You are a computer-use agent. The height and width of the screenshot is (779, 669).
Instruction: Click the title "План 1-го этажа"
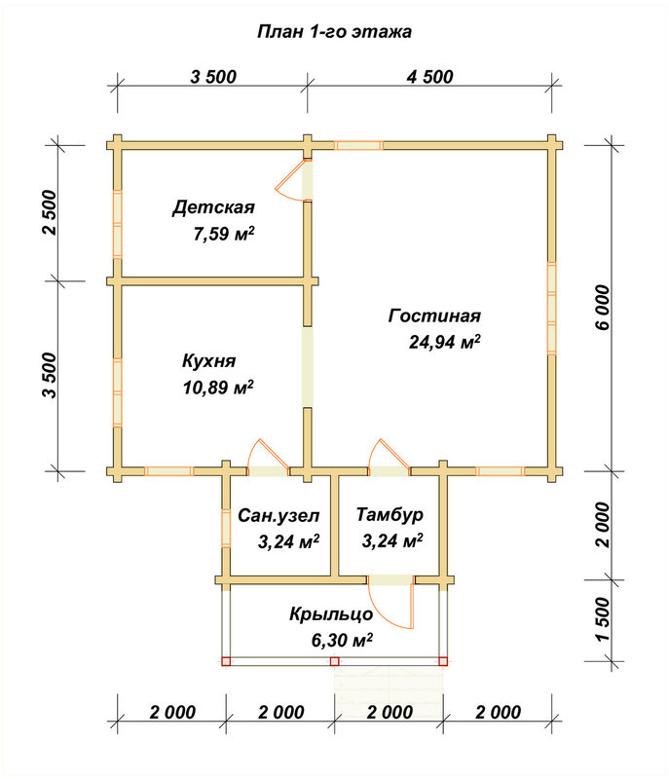(x=334, y=32)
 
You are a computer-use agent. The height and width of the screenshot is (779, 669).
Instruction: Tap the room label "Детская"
(x=213, y=207)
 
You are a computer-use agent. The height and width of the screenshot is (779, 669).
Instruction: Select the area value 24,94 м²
(x=444, y=342)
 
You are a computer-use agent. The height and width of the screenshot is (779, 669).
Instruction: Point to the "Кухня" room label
(x=208, y=361)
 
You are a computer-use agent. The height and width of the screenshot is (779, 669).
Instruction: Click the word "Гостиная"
(x=434, y=315)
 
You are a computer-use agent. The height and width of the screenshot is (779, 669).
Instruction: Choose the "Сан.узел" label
(x=279, y=516)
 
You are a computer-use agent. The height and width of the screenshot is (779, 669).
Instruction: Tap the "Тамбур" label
(x=390, y=515)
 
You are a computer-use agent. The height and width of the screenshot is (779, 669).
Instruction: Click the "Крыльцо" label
(x=331, y=614)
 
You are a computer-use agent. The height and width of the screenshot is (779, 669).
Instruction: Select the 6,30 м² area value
(x=342, y=641)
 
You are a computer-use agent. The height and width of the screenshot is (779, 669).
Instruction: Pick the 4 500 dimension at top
(x=430, y=77)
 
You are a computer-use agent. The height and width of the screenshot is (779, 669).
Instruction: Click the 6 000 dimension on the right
(x=603, y=307)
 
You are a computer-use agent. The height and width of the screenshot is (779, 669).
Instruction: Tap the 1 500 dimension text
(x=603, y=619)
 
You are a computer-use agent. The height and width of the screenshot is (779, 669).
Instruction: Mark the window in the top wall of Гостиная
(x=358, y=145)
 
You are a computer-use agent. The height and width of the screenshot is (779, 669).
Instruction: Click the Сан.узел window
(x=226, y=528)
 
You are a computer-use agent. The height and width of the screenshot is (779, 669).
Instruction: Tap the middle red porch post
(x=334, y=661)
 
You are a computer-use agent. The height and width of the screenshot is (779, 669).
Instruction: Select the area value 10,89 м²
(x=218, y=388)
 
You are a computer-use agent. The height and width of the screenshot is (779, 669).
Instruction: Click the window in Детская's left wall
(x=117, y=225)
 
